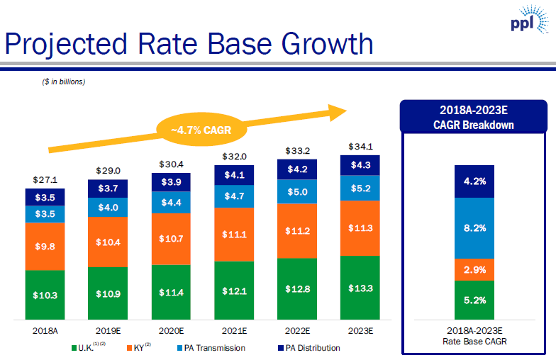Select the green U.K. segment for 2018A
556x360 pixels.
pyautogui.click(x=45, y=294)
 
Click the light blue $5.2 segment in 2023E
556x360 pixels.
pyautogui.click(x=360, y=188)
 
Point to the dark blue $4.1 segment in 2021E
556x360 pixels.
pyautogui.click(x=234, y=175)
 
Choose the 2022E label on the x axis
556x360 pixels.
pyautogui.click(x=296, y=330)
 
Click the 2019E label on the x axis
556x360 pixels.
pyautogui.click(x=108, y=330)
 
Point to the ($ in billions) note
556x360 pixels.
pyautogui.click(x=63, y=81)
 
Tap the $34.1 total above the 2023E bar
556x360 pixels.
pyautogui.click(x=360, y=147)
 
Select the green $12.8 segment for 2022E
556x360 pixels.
pyautogui.click(x=296, y=288)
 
